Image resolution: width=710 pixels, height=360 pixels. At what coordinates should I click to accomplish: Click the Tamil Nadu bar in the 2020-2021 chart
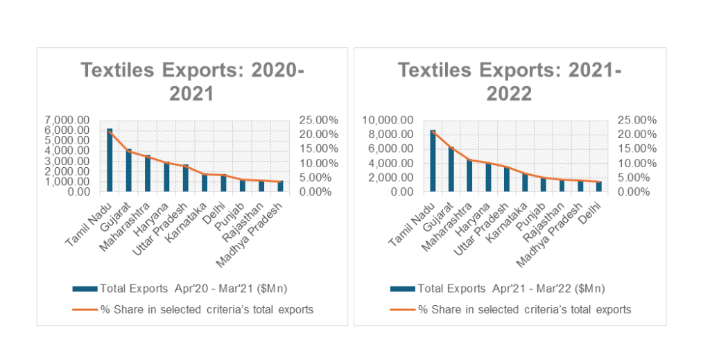[x=110, y=160]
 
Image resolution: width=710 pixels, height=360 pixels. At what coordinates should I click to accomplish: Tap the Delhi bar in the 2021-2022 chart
[x=599, y=187]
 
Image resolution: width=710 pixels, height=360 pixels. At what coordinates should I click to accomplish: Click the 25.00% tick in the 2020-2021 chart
[x=318, y=119]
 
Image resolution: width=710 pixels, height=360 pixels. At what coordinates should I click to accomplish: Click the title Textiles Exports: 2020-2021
[x=193, y=81]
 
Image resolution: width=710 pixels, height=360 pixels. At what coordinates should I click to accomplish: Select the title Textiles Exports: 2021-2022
[x=510, y=81]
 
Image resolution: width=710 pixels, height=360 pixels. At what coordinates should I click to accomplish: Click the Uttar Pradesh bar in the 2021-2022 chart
[x=507, y=180]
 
